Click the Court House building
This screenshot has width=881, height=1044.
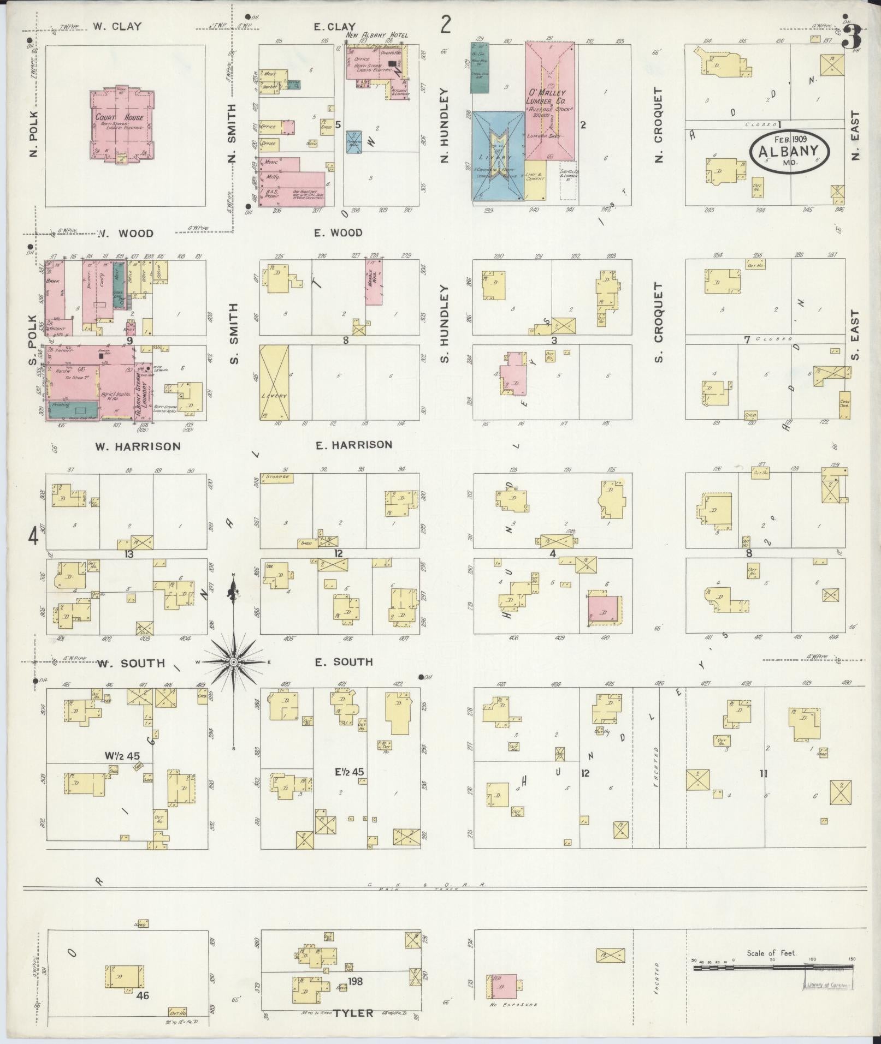(122, 125)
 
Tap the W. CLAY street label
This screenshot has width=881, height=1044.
(117, 26)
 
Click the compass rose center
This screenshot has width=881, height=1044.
(233, 662)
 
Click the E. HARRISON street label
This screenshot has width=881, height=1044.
(354, 445)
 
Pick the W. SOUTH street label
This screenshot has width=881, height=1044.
(131, 664)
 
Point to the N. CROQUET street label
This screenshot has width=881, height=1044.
(658, 126)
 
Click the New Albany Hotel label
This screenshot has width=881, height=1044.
(377, 35)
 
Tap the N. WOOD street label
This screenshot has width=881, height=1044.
(126, 234)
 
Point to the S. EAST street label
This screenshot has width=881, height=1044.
(855, 335)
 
